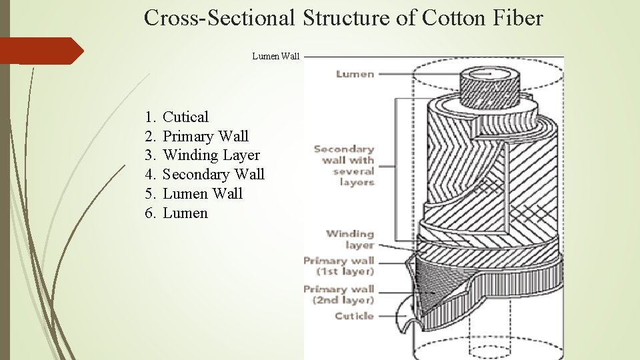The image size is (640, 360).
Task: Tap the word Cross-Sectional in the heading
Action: point(219,18)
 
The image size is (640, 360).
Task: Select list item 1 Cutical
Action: point(185,117)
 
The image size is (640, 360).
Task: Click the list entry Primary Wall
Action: point(205,137)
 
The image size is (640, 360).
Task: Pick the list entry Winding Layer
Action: point(211,155)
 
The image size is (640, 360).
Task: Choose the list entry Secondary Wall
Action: point(213,175)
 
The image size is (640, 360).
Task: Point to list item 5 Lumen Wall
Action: point(203,194)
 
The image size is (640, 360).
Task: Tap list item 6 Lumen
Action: point(185,213)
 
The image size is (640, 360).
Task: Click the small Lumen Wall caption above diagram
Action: point(276,57)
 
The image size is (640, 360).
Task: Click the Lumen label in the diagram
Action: point(355,74)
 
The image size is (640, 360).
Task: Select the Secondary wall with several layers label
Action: point(344,165)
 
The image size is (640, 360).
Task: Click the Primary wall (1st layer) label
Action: point(339,266)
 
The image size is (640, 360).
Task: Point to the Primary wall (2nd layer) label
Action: point(339,294)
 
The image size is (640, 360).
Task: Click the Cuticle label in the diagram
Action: point(354,316)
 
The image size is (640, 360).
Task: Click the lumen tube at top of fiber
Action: point(490,87)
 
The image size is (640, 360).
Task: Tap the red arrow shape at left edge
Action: point(40,51)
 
